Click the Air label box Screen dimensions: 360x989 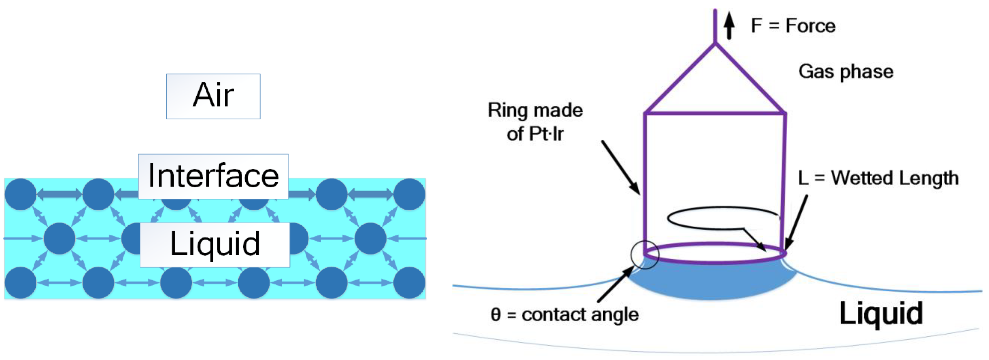click(x=213, y=96)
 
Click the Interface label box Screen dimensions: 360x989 click(x=213, y=176)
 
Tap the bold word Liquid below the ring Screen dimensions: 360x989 click(x=881, y=314)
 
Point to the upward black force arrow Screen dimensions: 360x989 click(x=729, y=25)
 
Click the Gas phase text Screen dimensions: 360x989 click(x=846, y=72)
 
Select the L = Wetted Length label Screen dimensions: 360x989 click(x=878, y=178)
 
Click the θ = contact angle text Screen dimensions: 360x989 click(x=564, y=315)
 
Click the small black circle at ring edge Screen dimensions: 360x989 click(x=645, y=255)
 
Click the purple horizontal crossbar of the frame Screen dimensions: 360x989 click(x=715, y=113)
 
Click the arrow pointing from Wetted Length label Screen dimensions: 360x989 click(x=796, y=223)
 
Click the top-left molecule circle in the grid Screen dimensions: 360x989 click(x=21, y=194)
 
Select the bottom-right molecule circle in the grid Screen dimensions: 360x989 click(x=409, y=283)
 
